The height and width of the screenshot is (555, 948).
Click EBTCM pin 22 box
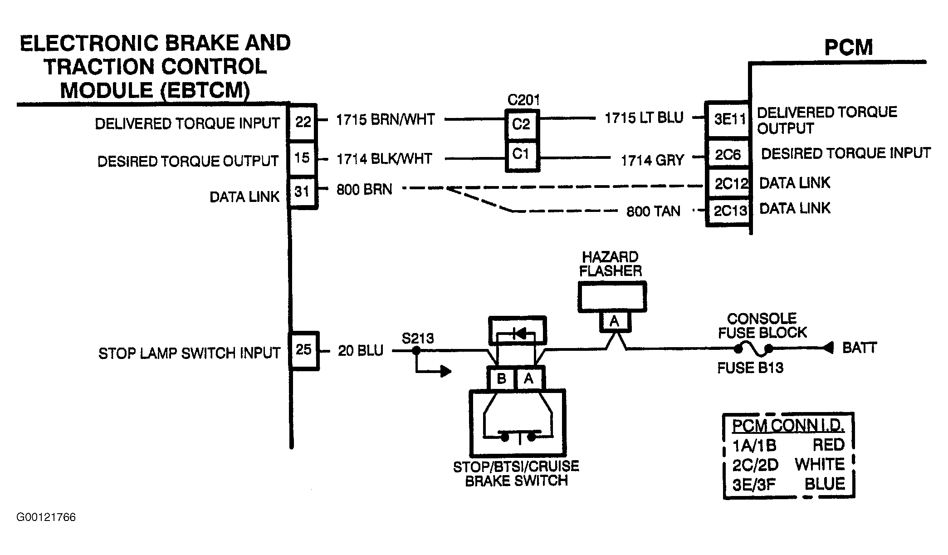click(303, 122)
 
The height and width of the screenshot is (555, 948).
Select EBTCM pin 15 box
click(303, 158)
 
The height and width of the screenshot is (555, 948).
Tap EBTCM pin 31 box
click(303, 192)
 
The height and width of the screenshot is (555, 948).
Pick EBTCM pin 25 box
click(304, 350)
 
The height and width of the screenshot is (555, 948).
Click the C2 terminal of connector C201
click(522, 124)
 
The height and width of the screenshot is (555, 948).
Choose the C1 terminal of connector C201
click(522, 155)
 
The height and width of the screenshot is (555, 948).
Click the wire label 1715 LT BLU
click(644, 118)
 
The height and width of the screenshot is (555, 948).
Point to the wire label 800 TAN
click(653, 211)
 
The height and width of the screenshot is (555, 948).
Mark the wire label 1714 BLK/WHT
click(384, 159)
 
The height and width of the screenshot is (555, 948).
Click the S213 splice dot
click(416, 351)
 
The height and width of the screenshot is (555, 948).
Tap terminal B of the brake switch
click(502, 378)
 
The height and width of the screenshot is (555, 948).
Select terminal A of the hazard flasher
click(615, 321)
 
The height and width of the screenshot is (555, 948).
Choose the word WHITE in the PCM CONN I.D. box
click(820, 464)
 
